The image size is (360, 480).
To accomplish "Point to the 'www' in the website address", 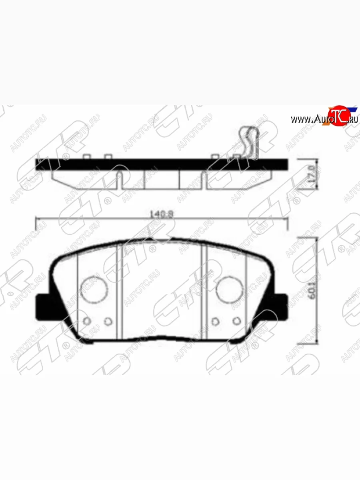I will (x=300, y=119).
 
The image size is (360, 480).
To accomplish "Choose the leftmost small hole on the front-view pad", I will (x=87, y=320).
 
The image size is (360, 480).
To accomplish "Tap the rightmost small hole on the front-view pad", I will (x=237, y=320).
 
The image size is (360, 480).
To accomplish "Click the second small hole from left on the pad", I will (x=108, y=320).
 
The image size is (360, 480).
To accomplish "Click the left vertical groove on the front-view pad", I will (x=119, y=292).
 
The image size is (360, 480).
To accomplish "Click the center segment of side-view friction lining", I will (x=162, y=179).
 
